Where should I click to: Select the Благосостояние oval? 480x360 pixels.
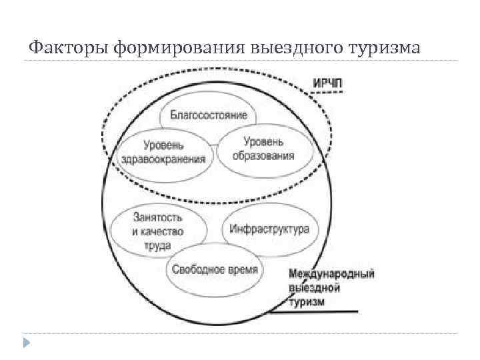click(x=209, y=115)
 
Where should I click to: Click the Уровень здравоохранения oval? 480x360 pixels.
click(x=164, y=153)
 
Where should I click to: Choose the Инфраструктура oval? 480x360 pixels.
click(x=269, y=229)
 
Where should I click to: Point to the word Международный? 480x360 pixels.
click(x=332, y=274)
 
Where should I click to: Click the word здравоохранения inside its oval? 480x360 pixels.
click(x=164, y=159)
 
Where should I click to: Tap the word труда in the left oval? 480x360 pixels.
click(x=157, y=244)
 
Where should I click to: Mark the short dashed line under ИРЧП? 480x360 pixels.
click(x=327, y=93)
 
